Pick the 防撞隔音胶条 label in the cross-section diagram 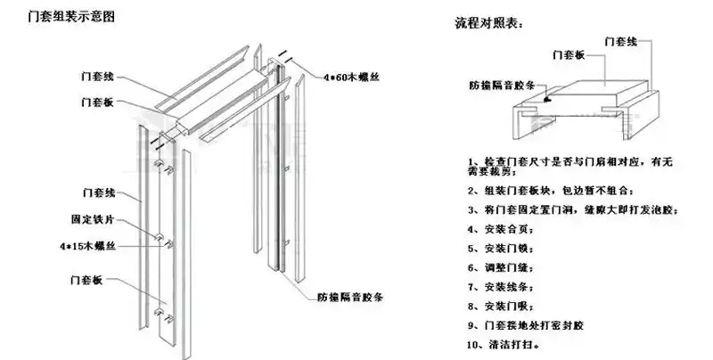501,86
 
